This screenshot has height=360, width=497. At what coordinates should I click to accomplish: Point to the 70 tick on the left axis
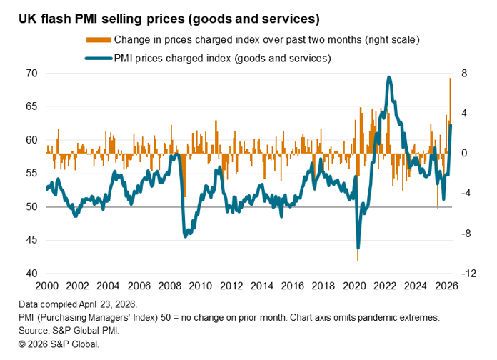pyautogui.click(x=31, y=74)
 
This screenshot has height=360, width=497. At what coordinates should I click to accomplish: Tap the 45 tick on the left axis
pyautogui.click(x=31, y=241)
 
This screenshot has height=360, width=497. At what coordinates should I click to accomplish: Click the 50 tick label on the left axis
pyautogui.click(x=31, y=207)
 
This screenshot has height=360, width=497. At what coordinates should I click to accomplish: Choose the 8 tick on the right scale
pyautogui.click(x=464, y=74)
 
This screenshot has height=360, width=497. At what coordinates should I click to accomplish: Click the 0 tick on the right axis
pyautogui.click(x=464, y=154)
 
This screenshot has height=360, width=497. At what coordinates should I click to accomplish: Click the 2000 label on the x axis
pyautogui.click(x=46, y=285)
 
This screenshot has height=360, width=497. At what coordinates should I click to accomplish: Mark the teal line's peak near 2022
pyautogui.click(x=388, y=78)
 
